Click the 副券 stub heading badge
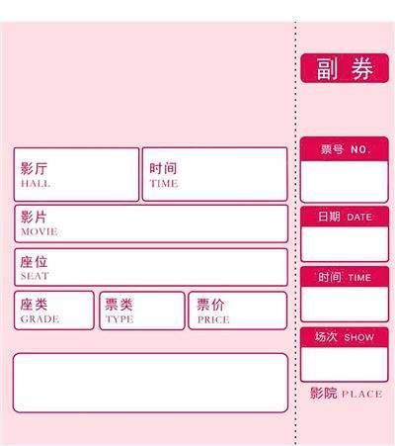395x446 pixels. click(x=345, y=68)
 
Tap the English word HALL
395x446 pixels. click(x=36, y=184)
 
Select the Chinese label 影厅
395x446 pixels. click(x=34, y=168)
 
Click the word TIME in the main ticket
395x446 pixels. click(x=164, y=183)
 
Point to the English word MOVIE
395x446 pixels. click(x=39, y=231)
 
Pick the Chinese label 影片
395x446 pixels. click(x=34, y=217)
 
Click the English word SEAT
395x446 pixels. click(x=35, y=276)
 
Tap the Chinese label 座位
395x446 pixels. click(x=34, y=262)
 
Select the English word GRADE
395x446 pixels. click(x=39, y=319)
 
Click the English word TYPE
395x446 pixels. click(x=119, y=319)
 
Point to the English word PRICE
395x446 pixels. click(x=213, y=319)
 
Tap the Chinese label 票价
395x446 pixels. click(x=210, y=305)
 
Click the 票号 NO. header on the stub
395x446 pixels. click(x=345, y=149)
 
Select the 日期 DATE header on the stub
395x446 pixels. click(x=345, y=217)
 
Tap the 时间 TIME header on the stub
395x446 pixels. click(x=345, y=277)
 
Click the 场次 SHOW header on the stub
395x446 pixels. click(x=345, y=337)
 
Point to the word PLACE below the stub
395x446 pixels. click(x=361, y=394)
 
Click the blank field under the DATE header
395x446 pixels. click(x=345, y=243)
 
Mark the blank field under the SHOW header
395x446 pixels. click(x=345, y=364)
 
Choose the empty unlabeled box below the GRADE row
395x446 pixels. click(x=150, y=383)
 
